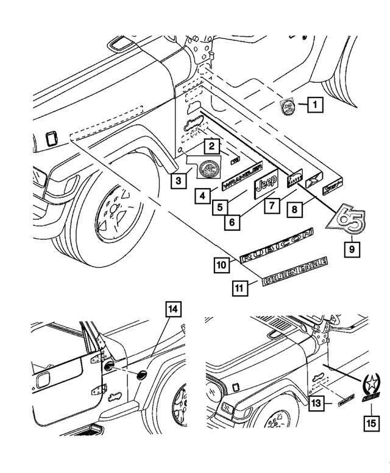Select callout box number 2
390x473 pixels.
[x=211, y=146]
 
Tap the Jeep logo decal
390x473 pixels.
[x=266, y=184]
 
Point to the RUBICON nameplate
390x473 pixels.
[x=277, y=246]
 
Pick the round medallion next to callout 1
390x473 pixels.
[x=287, y=107]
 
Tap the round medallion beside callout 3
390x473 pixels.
[x=209, y=167]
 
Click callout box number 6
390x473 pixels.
[x=231, y=223]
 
